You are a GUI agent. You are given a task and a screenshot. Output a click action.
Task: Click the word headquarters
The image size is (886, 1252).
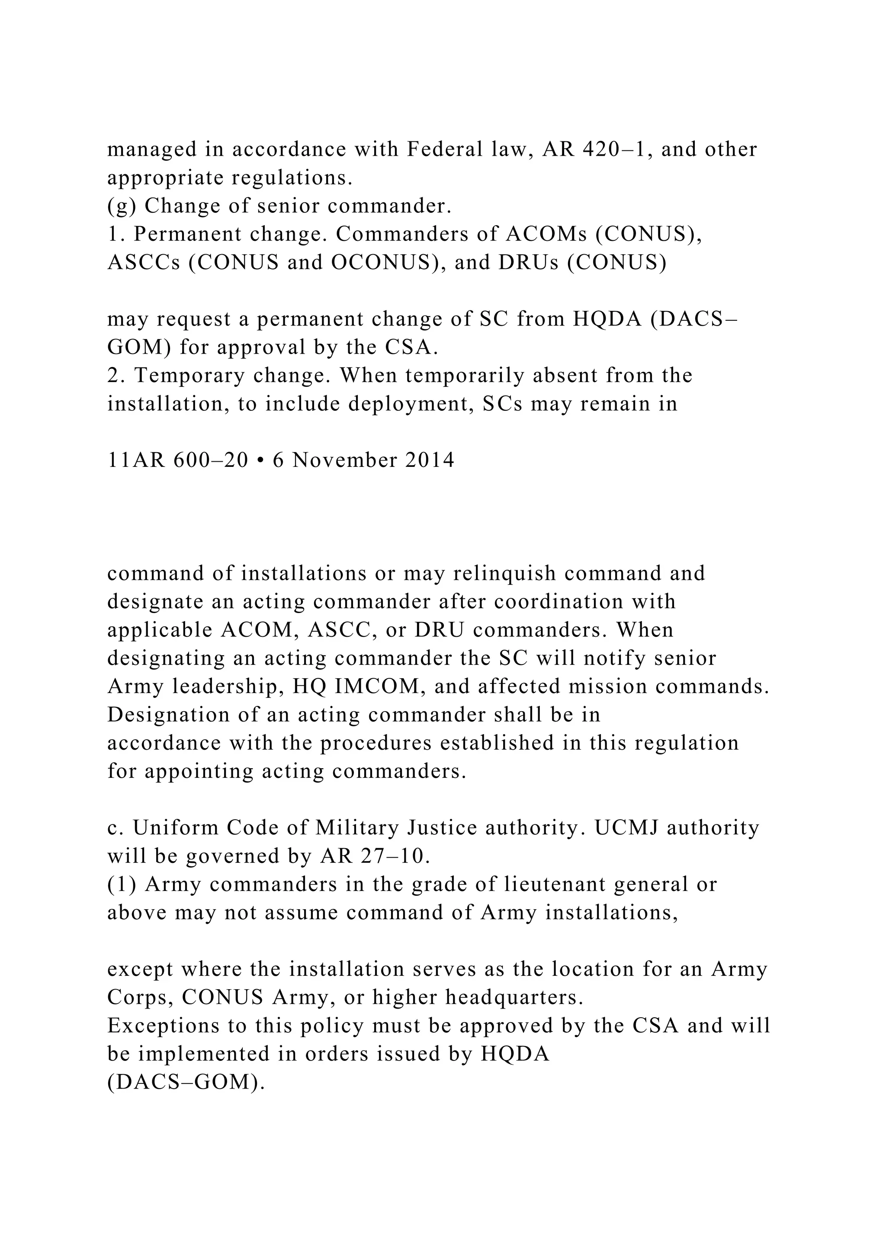[x=514, y=998]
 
